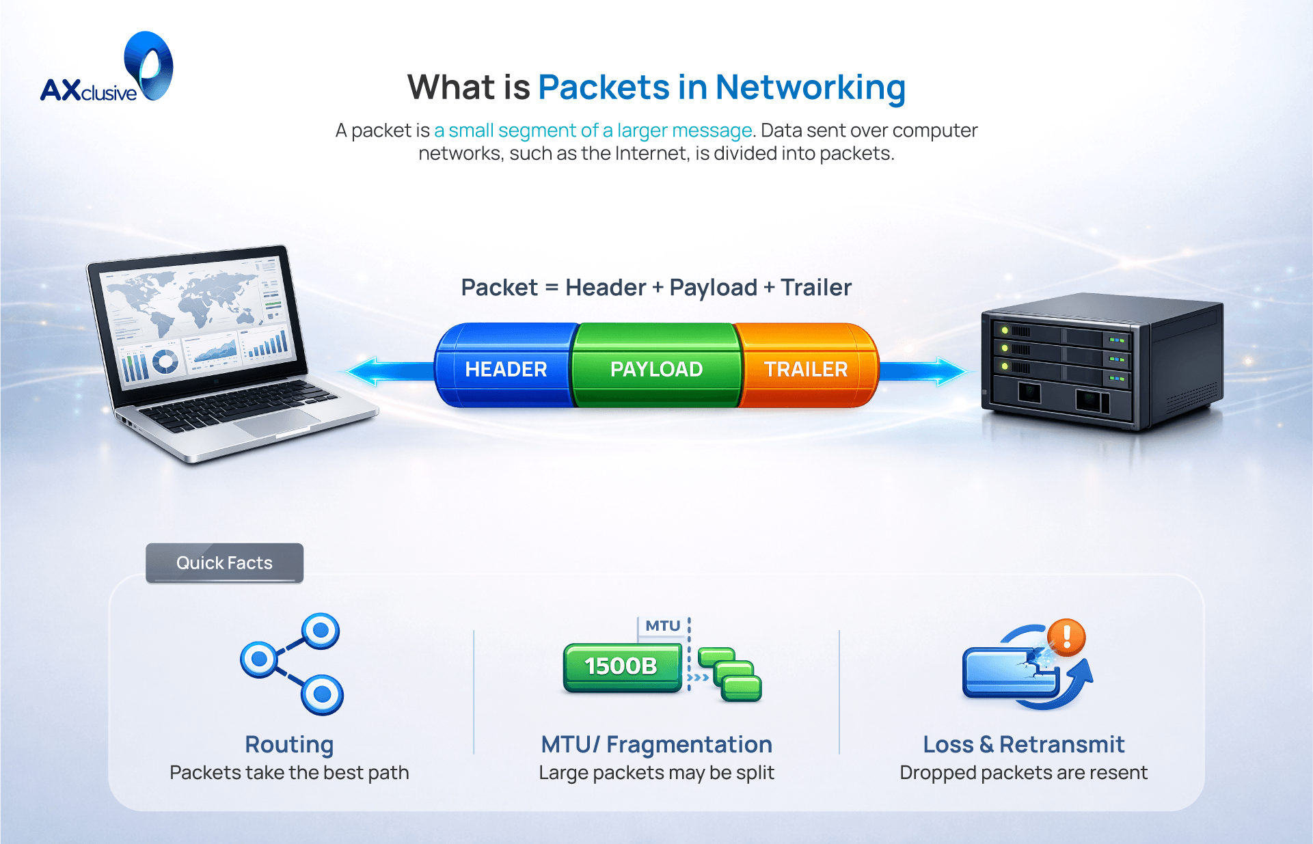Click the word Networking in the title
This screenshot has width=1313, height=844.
[x=810, y=87]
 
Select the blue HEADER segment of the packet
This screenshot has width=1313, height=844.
[x=506, y=368]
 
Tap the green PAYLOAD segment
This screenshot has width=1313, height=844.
[x=656, y=368]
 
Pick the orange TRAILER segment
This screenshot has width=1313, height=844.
[x=805, y=368]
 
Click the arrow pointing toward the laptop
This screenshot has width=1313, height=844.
[x=383, y=371]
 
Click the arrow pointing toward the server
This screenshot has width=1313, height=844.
[x=930, y=371]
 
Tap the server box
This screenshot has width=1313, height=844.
[x=1100, y=362]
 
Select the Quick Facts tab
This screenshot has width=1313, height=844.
[x=224, y=562]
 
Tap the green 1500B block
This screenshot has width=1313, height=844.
[x=621, y=666]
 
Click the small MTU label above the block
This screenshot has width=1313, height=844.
[x=662, y=625]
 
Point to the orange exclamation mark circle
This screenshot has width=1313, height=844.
[x=1067, y=637]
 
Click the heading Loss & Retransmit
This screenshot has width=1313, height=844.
[x=1023, y=744]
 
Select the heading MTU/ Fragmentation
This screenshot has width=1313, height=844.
[x=656, y=744]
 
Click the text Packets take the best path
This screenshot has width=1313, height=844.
[x=289, y=772]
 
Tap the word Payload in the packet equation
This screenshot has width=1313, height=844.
[x=713, y=288]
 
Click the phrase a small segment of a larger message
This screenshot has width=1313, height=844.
[x=593, y=130]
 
